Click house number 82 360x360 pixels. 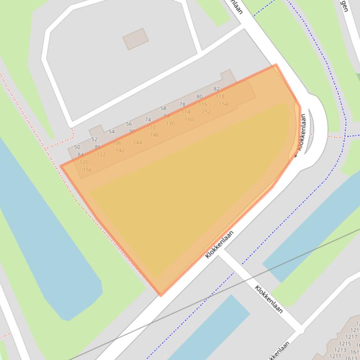click(x=216, y=89)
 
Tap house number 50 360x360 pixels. click(x=77, y=147)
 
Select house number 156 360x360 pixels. click(x=87, y=170)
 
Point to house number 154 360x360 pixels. click(x=224, y=104)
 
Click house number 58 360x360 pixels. click(x=163, y=108)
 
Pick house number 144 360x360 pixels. click(x=138, y=143)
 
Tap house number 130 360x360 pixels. click(x=170, y=123)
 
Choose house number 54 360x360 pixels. click(x=111, y=131)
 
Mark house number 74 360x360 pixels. click(x=148, y=120)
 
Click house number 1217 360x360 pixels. click(x=351, y=337)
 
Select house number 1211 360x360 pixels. click(x=335, y=356)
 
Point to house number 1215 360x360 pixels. click(x=345, y=344)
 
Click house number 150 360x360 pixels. click(x=189, y=119)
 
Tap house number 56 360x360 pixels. click(x=129, y=124)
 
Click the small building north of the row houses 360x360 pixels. click(x=136, y=39)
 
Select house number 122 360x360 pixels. click(x=101, y=154)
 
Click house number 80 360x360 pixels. click(x=199, y=97)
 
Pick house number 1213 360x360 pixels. click(x=340, y=350)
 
